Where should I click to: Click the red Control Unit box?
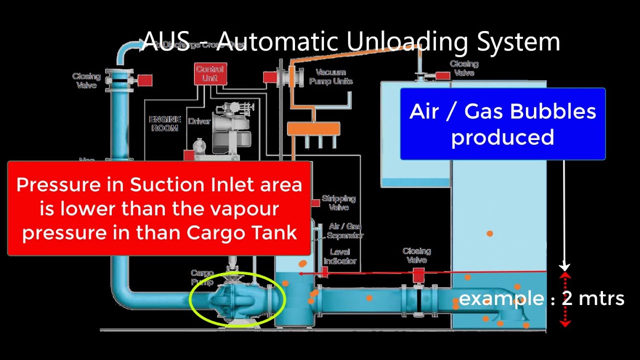click(x=210, y=74)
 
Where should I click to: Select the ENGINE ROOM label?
click(x=164, y=123)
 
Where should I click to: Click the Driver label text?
click(x=199, y=121)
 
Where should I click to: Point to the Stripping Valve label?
click(x=338, y=202)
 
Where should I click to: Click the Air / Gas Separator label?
click(x=344, y=230)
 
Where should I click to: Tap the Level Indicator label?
click(x=340, y=256)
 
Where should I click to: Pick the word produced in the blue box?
click(x=502, y=137)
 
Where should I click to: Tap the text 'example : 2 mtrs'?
click(x=541, y=298)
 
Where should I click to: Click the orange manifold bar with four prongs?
click(x=313, y=129)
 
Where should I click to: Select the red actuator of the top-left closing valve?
click(x=145, y=80)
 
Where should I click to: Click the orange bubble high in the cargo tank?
click(x=489, y=233)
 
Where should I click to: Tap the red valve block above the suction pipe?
click(x=418, y=274)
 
